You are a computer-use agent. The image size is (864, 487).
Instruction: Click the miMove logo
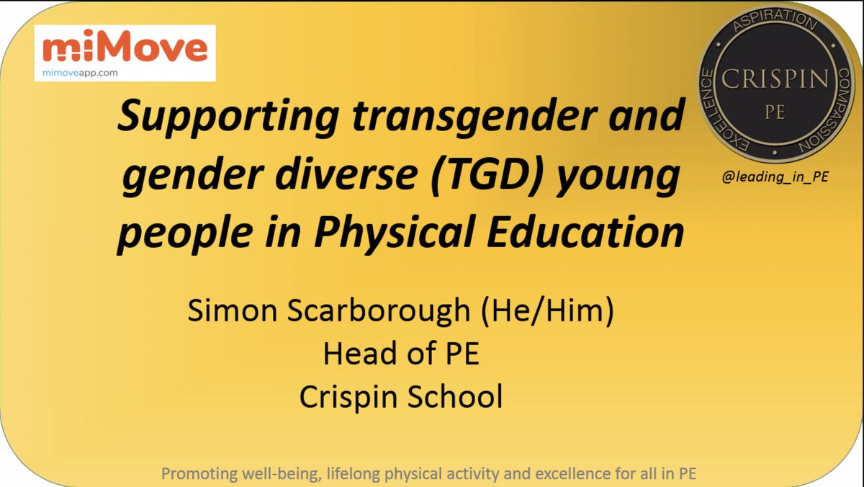(124, 48)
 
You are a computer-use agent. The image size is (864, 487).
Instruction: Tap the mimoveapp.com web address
(80, 72)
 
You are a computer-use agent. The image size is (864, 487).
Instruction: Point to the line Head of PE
(400, 354)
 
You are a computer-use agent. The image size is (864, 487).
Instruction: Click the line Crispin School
(400, 397)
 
